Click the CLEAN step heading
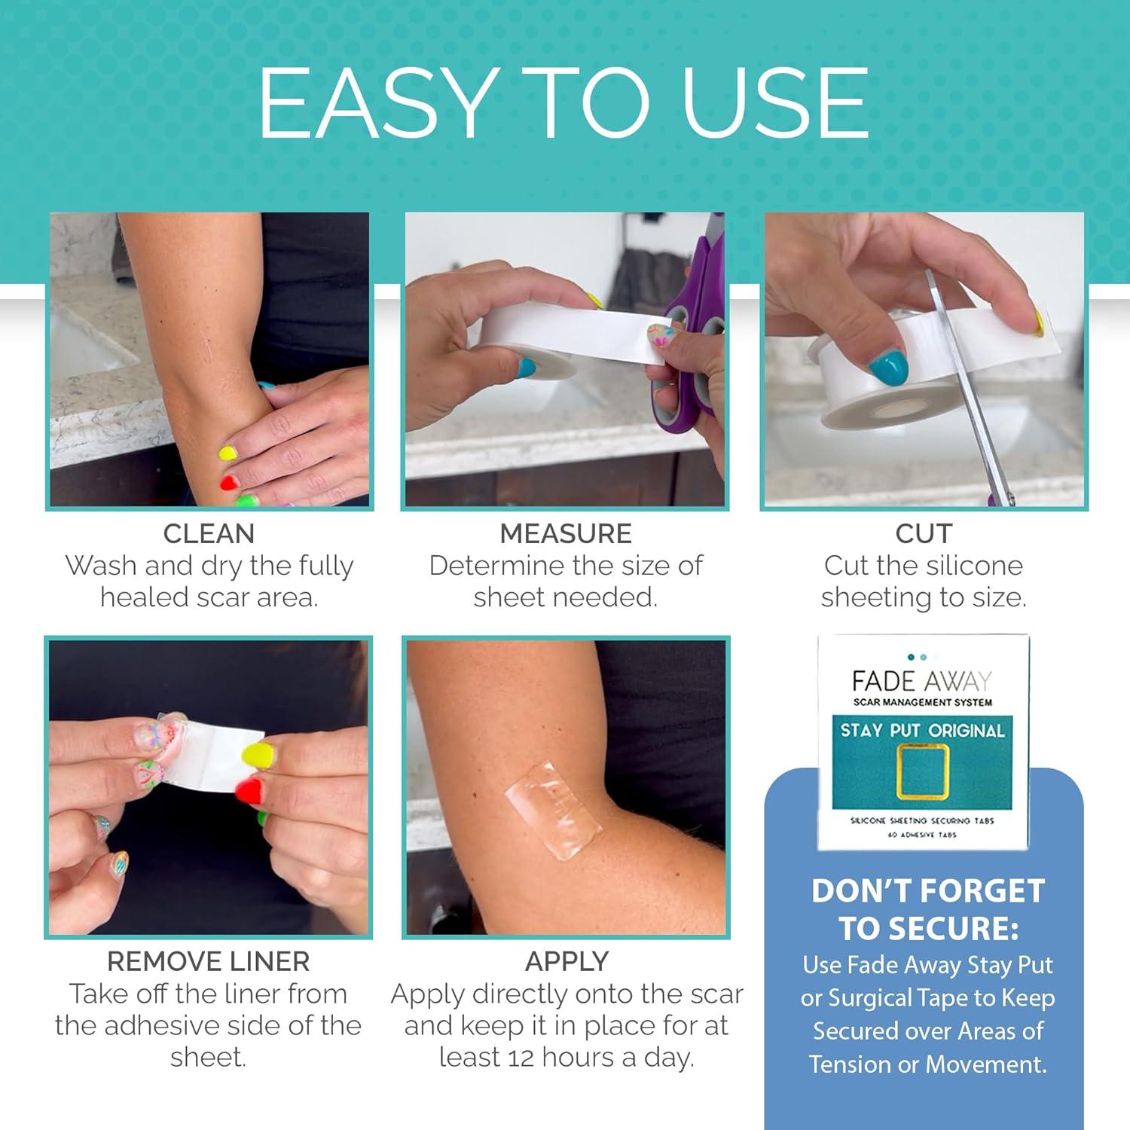point(209,533)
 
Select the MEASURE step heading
point(565,533)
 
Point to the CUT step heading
point(924,533)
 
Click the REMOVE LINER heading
point(208,961)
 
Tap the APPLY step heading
point(567,961)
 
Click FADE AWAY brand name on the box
point(922,682)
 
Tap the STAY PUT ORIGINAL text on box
point(922,730)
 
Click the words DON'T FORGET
point(927,891)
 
